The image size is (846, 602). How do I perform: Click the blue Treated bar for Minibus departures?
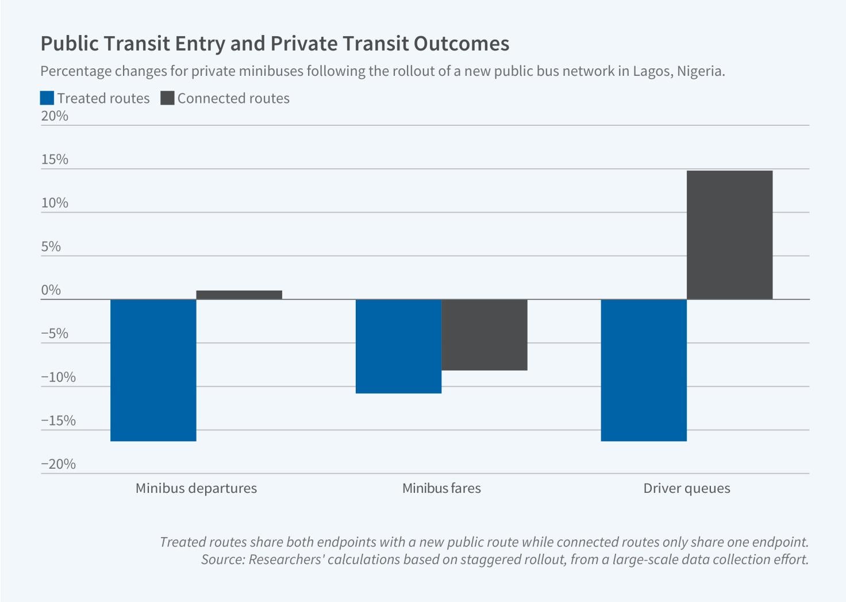[x=153, y=370]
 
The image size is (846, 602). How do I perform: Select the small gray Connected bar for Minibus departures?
[x=239, y=295]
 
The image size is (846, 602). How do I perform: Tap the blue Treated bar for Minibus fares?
[x=398, y=346]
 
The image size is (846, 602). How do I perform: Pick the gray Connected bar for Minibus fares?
[x=484, y=334]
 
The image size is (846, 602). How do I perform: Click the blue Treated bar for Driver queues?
[x=644, y=370]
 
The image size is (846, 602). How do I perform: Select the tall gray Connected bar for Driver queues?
[x=730, y=234]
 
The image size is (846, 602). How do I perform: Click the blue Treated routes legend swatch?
[x=47, y=98]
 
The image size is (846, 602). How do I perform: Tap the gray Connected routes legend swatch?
[x=167, y=98]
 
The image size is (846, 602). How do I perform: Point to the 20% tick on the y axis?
[x=55, y=116]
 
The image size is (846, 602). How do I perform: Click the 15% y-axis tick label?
[x=55, y=160]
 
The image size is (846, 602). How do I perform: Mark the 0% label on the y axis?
[x=51, y=290]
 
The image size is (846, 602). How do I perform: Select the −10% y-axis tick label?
[x=58, y=377]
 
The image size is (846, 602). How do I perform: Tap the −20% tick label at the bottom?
[x=58, y=464]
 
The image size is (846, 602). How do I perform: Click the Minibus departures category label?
[x=196, y=488]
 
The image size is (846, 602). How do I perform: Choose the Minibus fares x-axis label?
[x=441, y=488]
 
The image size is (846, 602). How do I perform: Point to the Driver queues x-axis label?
[x=687, y=488]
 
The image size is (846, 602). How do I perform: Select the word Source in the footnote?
[x=222, y=559]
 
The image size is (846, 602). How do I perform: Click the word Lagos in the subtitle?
[x=652, y=71]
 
